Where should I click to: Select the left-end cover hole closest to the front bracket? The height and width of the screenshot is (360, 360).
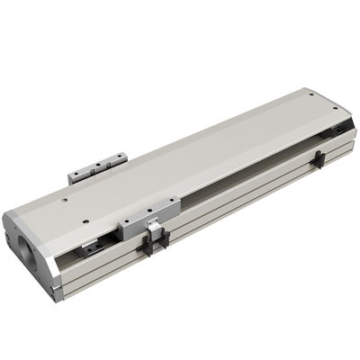(84, 219)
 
